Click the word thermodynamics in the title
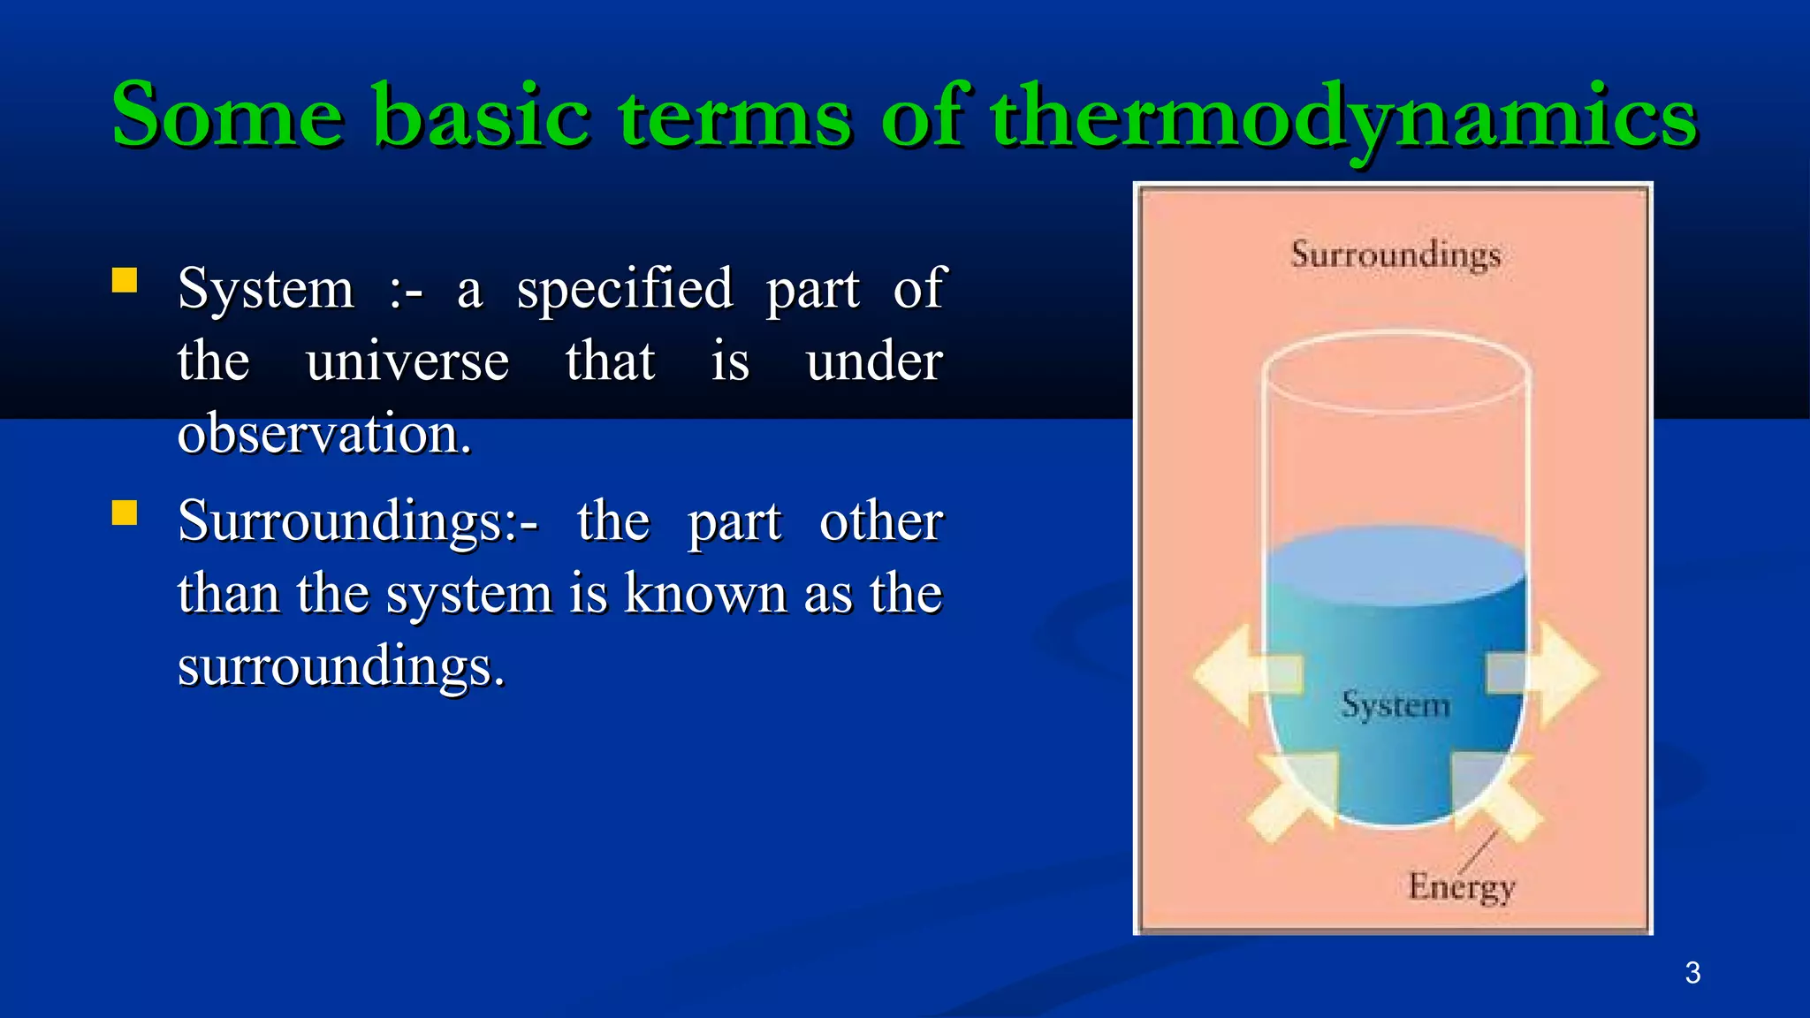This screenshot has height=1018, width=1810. pyautogui.click(x=1343, y=117)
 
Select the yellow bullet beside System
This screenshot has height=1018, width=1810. pyautogui.click(x=125, y=281)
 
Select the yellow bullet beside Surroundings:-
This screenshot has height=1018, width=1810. pyautogui.click(x=125, y=513)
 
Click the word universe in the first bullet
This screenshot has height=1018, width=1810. pyautogui.click(x=407, y=362)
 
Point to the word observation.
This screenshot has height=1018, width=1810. pyautogui.click(x=324, y=434)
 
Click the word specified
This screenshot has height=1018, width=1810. pyautogui.click(x=625, y=290)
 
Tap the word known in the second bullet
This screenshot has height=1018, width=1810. pyautogui.click(x=705, y=594)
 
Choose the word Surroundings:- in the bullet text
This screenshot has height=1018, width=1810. pyautogui.click(x=357, y=522)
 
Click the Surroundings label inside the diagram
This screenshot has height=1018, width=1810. pyautogui.click(x=1396, y=255)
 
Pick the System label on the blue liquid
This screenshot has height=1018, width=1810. pyautogui.click(x=1396, y=705)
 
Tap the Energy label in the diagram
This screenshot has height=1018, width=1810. pyautogui.click(x=1461, y=886)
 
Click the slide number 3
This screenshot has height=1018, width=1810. pyautogui.click(x=1692, y=973)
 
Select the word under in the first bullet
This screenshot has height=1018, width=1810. pyautogui.click(x=874, y=362)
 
